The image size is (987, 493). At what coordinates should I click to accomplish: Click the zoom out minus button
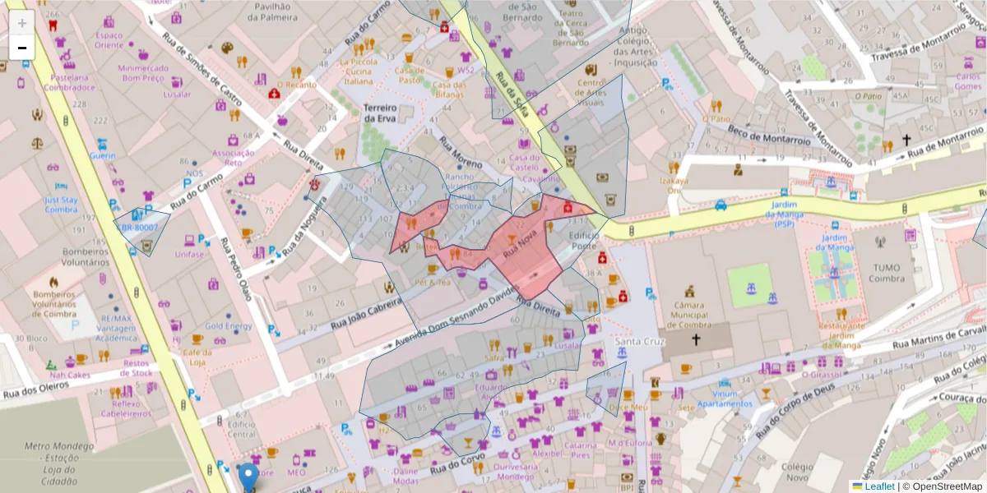pyautogui.click(x=22, y=48)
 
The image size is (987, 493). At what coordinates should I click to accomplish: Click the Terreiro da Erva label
pyautogui.click(x=380, y=113)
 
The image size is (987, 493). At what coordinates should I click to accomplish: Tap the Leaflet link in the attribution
pyautogui.click(x=878, y=486)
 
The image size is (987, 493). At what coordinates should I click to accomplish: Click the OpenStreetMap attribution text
pyautogui.click(x=946, y=486)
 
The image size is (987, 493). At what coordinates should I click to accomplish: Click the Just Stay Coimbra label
pyautogui.click(x=60, y=204)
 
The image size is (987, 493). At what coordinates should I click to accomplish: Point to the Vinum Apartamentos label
pyautogui.click(x=725, y=399)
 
